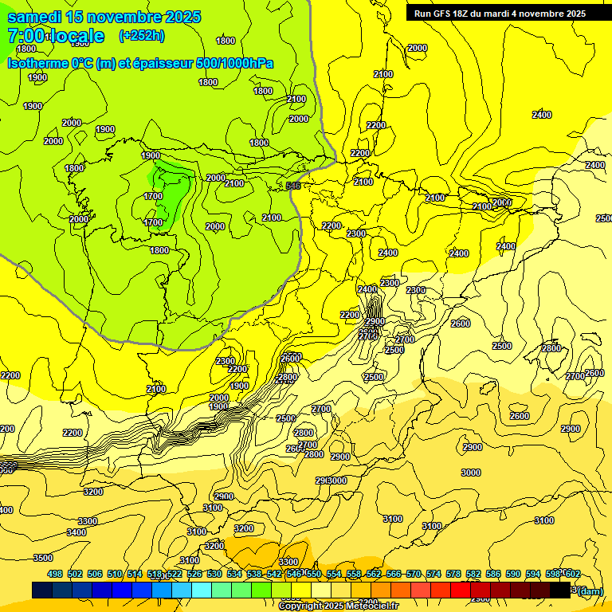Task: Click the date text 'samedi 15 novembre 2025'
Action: coord(104,17)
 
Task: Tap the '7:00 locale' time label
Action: coord(56,36)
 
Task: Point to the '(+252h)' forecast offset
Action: coord(141,35)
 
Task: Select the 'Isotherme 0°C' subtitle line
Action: coord(140,63)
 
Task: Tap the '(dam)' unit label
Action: coord(590,590)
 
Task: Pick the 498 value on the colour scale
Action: coord(55,574)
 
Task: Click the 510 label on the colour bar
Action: coord(115,574)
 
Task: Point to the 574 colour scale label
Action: coord(433,574)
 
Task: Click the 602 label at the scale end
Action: coord(572,574)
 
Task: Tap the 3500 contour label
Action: coord(43,558)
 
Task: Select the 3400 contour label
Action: coord(76,532)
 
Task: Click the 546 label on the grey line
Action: coord(292,186)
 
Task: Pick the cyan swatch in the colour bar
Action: coord(202,590)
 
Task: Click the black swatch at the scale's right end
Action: coord(560,590)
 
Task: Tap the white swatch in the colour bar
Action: coord(341,590)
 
